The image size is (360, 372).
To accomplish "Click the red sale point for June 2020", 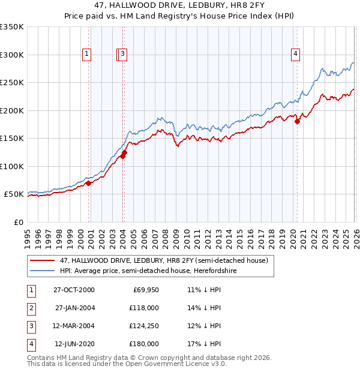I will tap(297, 122).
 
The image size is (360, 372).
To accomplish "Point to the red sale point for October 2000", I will tap(89, 184).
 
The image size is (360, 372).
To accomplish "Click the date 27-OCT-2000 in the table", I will tap(74, 290).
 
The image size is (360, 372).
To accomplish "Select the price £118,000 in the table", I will tap(145, 308).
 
